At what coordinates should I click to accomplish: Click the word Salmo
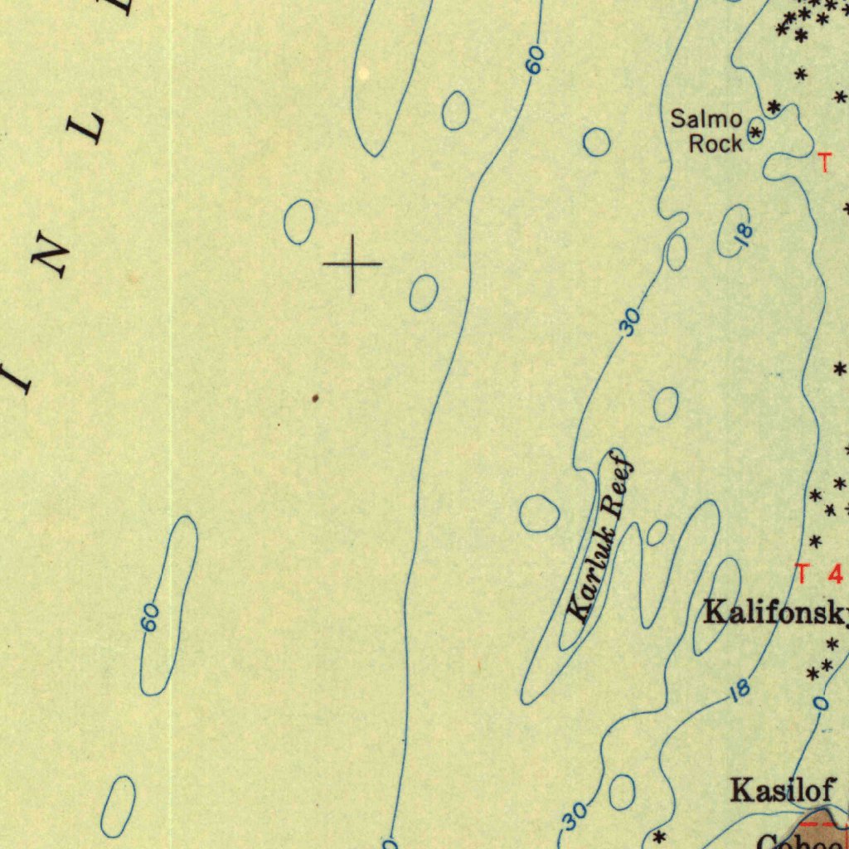tap(706, 119)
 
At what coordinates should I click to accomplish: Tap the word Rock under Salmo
tap(716, 143)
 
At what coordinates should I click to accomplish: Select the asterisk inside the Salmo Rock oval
tap(755, 131)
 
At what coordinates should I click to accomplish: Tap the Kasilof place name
tap(783, 789)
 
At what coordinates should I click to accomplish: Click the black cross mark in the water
tap(352, 264)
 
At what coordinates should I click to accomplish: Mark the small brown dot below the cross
tap(315, 399)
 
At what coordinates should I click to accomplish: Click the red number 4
tap(834, 574)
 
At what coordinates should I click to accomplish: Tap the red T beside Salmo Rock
tap(823, 163)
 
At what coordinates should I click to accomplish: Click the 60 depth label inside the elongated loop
tap(150, 618)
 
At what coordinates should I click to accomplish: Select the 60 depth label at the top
tap(536, 60)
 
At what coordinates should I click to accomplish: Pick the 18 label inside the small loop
tap(745, 234)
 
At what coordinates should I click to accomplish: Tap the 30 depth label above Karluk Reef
tap(632, 322)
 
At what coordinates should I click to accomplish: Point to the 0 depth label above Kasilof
tap(820, 703)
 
